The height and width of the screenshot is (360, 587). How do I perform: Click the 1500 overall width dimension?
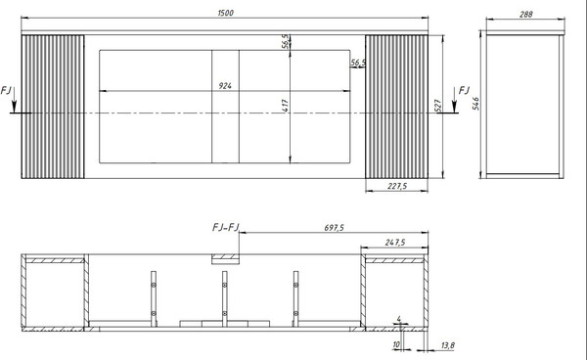click(225, 13)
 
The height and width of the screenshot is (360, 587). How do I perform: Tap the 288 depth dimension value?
click(526, 15)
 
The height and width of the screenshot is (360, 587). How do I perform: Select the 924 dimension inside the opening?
click(225, 86)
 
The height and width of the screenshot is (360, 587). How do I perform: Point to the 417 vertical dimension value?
click(286, 106)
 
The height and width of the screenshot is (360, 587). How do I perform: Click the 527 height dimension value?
click(438, 105)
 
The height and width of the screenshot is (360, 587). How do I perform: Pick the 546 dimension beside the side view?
click(475, 104)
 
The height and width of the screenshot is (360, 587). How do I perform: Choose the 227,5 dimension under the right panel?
click(397, 186)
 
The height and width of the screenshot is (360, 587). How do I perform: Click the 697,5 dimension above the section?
click(334, 228)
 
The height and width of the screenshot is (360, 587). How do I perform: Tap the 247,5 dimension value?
click(395, 243)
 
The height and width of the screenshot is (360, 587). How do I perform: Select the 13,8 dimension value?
click(447, 345)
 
